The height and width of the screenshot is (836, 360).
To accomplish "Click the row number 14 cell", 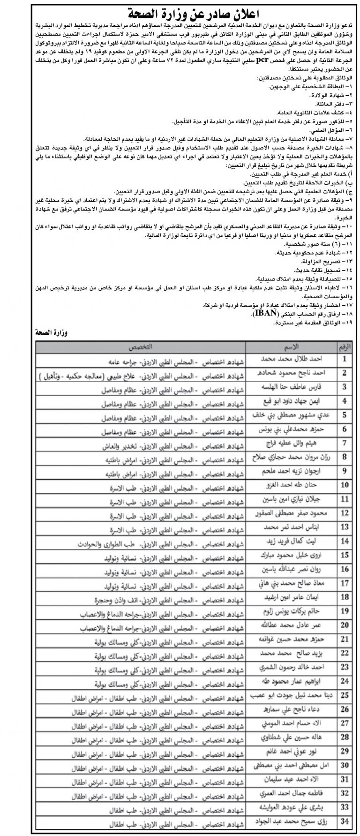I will [x=345, y=541].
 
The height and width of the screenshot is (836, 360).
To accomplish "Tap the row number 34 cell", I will [x=345, y=821].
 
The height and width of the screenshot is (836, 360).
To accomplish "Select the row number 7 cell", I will [x=345, y=442].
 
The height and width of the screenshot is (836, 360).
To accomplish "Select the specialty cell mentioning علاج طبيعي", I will [x=141, y=373].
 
